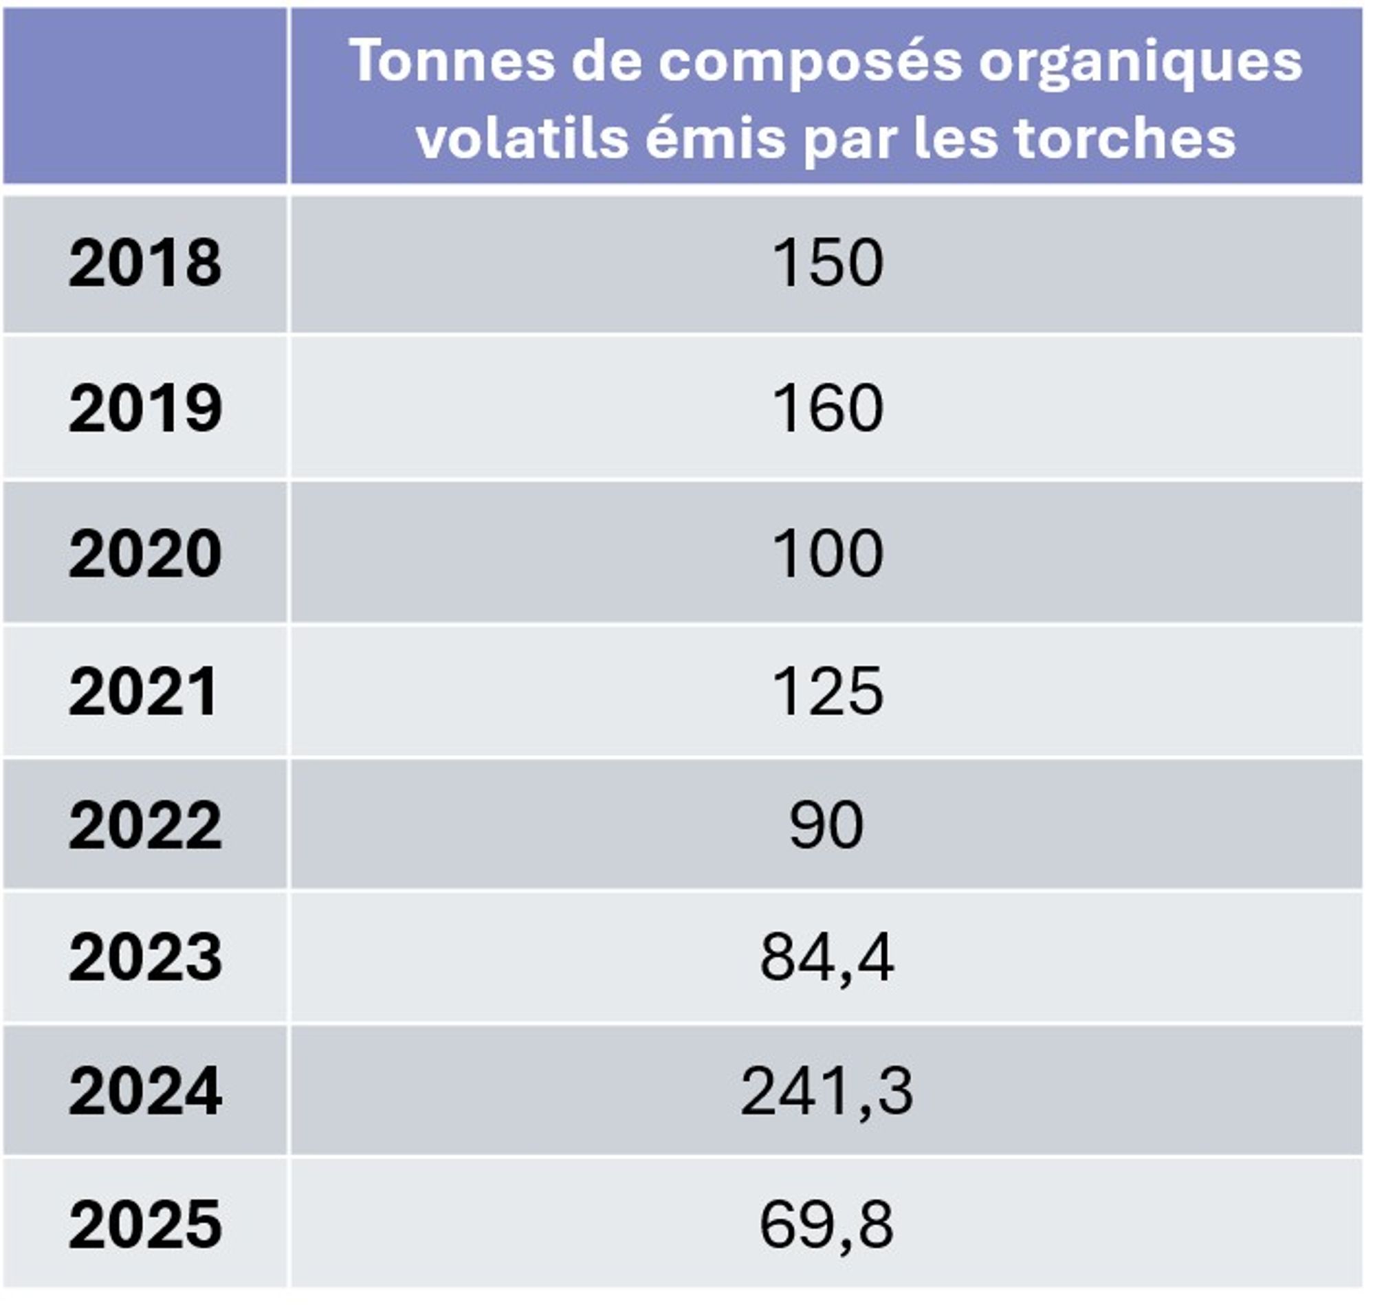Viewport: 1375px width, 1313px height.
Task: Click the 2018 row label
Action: point(145,263)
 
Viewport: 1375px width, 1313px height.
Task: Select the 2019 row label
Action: point(145,408)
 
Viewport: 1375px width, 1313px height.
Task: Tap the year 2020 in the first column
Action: point(145,553)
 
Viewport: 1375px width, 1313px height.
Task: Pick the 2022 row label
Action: point(145,826)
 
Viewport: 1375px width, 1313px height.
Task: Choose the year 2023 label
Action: point(145,958)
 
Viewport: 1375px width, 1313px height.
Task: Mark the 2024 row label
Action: point(145,1091)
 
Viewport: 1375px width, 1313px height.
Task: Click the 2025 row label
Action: point(145,1224)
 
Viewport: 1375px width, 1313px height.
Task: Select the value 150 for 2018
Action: point(827,263)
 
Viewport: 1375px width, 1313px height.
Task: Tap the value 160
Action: point(827,408)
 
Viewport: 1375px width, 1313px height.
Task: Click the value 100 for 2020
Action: point(827,553)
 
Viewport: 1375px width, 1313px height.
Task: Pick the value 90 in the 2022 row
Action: point(826,826)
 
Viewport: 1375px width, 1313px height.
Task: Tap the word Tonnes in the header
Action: point(452,61)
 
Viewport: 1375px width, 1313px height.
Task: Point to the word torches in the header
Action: point(1125,138)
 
